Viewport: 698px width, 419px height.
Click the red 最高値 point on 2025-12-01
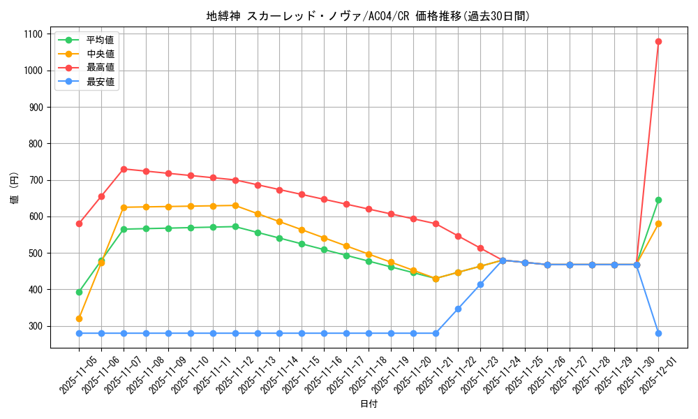658,41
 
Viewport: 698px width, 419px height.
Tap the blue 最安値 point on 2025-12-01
658,333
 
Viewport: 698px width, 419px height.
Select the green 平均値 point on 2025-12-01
658,200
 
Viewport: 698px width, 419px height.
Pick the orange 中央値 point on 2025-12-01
658,223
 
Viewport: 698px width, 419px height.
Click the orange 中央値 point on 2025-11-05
79,318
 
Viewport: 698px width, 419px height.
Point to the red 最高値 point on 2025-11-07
124,169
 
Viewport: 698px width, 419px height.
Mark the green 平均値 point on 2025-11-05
79,292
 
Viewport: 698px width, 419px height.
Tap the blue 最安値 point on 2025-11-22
458,309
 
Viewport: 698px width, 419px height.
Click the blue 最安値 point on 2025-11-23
480,284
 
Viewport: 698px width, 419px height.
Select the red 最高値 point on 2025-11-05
79,223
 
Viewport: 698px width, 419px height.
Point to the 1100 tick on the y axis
34,34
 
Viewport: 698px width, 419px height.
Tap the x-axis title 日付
369,404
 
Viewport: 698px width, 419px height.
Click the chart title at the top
369,16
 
